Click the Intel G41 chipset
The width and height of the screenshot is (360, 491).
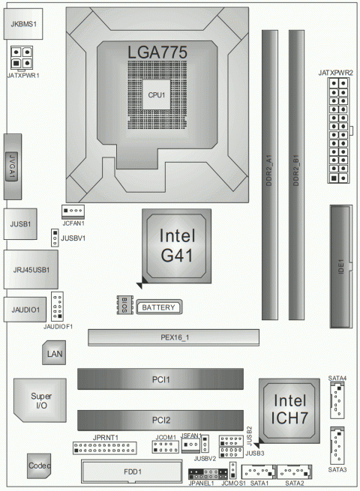[177, 245]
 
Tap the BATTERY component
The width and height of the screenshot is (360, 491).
[159, 307]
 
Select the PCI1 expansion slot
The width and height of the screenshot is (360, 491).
[160, 380]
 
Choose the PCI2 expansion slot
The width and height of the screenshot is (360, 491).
[160, 420]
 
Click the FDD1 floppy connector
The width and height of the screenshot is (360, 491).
[130, 473]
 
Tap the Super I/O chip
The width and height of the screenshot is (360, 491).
[31, 400]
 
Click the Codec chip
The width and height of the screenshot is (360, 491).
[40, 466]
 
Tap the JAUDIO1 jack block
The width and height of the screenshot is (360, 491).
[25, 307]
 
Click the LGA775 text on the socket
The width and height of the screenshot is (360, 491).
[157, 52]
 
